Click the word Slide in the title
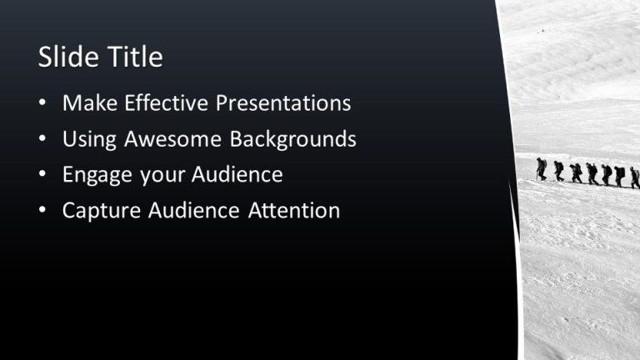pyautogui.click(x=67, y=57)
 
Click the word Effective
pyautogui.click(x=166, y=103)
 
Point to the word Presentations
pyautogui.click(x=283, y=103)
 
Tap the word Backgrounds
pyautogui.click(x=292, y=139)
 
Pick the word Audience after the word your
pyautogui.click(x=237, y=175)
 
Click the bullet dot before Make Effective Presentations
pyautogui.click(x=42, y=104)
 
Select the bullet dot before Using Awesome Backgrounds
pyautogui.click(x=42, y=140)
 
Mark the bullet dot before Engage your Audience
pyautogui.click(x=42, y=176)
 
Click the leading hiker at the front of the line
pyautogui.click(x=542, y=168)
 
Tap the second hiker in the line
pyautogui.click(x=558, y=171)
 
